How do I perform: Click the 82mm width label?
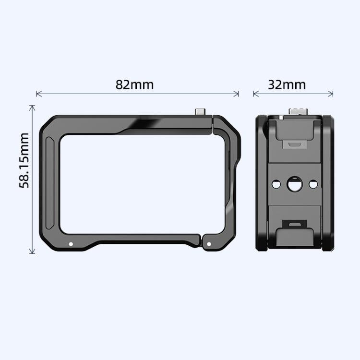click(134, 84)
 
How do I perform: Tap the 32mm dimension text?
click(287, 84)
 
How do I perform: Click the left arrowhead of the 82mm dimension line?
click(38, 93)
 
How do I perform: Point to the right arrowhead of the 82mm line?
click(237, 93)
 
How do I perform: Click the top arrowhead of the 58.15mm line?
click(32, 107)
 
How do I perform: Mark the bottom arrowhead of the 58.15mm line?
click(32, 252)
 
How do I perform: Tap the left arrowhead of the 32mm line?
click(255, 93)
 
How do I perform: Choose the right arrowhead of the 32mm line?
click(332, 93)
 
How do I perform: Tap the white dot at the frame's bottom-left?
click(71, 244)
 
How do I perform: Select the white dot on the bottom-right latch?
click(208, 244)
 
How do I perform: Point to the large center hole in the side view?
click(294, 184)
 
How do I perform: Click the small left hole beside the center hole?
click(276, 184)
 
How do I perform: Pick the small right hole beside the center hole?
click(312, 184)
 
